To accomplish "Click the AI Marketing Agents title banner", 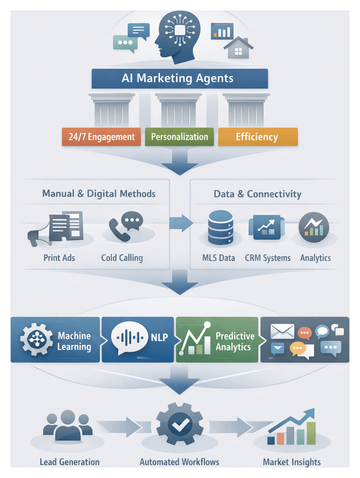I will pos(179,79).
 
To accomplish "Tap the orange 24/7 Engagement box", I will pos(101,137).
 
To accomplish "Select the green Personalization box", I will pos(179,137).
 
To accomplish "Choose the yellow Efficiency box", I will pos(257,137).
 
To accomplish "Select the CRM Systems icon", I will pos(267,228).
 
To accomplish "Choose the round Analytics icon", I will pos(314,228).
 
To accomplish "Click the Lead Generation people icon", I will pos(68,426).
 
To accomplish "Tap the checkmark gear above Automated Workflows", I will pos(180,425).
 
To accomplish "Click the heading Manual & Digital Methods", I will pos(99,194).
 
